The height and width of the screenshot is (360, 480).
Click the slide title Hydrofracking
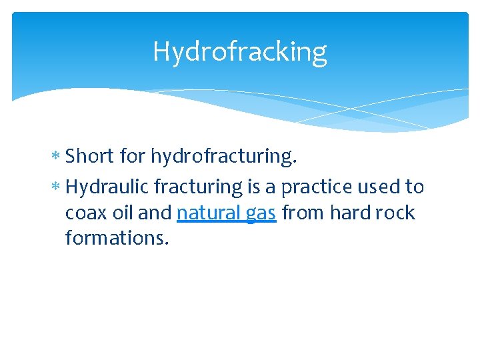(239, 51)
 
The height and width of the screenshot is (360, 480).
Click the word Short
(90, 156)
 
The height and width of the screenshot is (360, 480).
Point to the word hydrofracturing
(223, 157)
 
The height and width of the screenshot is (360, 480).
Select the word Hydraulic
(107, 187)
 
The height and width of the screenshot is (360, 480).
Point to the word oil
(121, 213)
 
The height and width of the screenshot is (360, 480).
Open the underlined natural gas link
(226, 213)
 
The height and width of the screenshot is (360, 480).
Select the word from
(303, 213)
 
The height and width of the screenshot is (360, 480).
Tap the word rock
(397, 213)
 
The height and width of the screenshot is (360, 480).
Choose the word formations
(117, 237)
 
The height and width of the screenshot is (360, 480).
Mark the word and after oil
(154, 213)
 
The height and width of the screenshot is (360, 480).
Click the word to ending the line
(415, 187)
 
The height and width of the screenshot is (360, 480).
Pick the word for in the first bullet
(133, 156)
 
